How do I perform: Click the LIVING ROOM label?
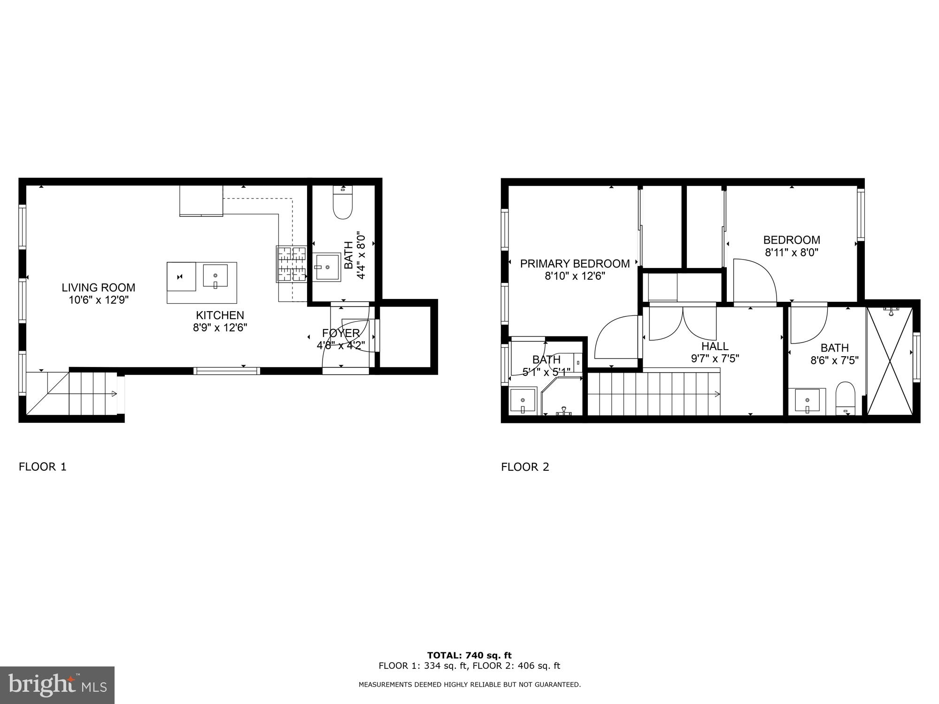pos(98,287)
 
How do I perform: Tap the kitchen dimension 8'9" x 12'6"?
pos(220,328)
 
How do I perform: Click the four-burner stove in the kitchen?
pos(291,264)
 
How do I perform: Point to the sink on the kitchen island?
pos(216,276)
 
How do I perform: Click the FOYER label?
pos(341,333)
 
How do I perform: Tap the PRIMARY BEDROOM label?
pos(575,264)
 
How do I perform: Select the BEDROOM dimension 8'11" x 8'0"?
pos(792,253)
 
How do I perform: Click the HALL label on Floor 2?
pos(715,346)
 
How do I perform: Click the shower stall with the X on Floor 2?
pos(890,360)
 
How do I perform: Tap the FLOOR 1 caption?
pos(43,467)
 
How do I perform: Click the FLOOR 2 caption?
pos(525,467)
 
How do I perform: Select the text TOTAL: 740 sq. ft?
pos(469,655)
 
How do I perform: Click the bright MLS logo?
pos(57,685)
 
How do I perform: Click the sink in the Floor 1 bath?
pos(328,267)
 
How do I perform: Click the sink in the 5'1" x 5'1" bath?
pos(523,401)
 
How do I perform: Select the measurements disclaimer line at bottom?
pos(469,685)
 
